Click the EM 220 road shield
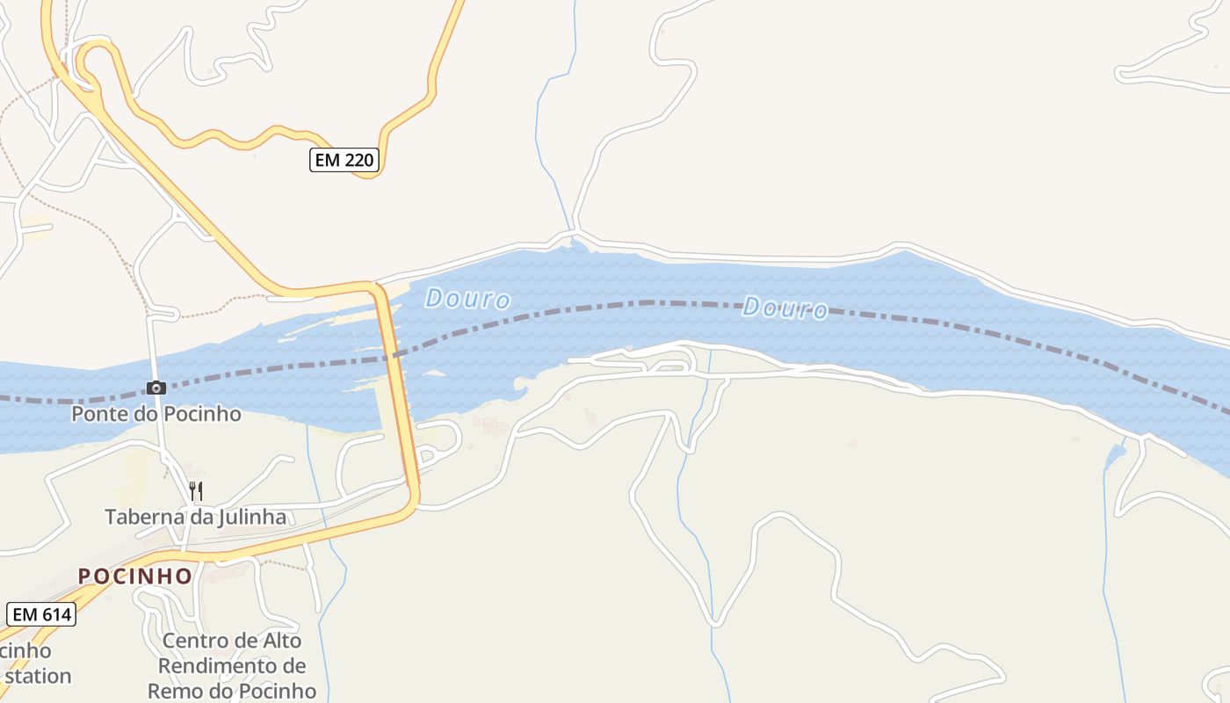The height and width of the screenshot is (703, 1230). [x=344, y=160]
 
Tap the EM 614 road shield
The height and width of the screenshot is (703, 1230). [x=41, y=614]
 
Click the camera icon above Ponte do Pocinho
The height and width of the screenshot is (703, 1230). [x=156, y=388]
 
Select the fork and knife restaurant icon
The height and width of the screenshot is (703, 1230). [x=196, y=490]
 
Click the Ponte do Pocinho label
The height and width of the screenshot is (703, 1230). [x=156, y=413]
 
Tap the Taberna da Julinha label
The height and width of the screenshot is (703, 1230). [x=196, y=517]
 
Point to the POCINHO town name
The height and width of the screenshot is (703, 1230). [x=135, y=576]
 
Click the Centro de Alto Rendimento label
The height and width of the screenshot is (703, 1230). [x=232, y=665]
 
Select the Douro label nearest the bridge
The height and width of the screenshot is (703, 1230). [x=467, y=299]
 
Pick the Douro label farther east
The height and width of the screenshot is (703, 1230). [x=785, y=308]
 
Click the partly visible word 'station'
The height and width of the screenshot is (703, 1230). [x=37, y=677]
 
